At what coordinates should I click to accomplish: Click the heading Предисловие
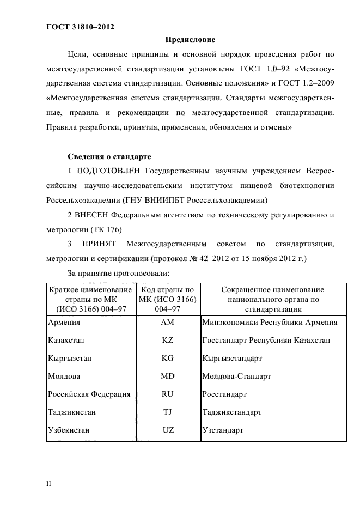pyautogui.click(x=190, y=40)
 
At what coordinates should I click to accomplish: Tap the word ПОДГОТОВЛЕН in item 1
pyautogui.click(x=111, y=171)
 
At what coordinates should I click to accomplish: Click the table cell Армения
pyautogui.click(x=62, y=323)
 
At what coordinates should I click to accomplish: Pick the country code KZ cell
pyautogui.click(x=168, y=341)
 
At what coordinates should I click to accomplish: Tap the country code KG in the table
pyautogui.click(x=168, y=359)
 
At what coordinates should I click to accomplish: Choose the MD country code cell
pyautogui.click(x=168, y=377)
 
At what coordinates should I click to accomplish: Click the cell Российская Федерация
pyautogui.click(x=89, y=394)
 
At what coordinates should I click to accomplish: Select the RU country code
pyautogui.click(x=168, y=394)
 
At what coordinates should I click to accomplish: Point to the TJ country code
pyautogui.click(x=168, y=412)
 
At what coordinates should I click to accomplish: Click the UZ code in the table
pyautogui.click(x=168, y=430)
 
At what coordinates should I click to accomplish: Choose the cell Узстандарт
pyautogui.click(x=222, y=430)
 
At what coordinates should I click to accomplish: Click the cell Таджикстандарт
pyautogui.click(x=231, y=412)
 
